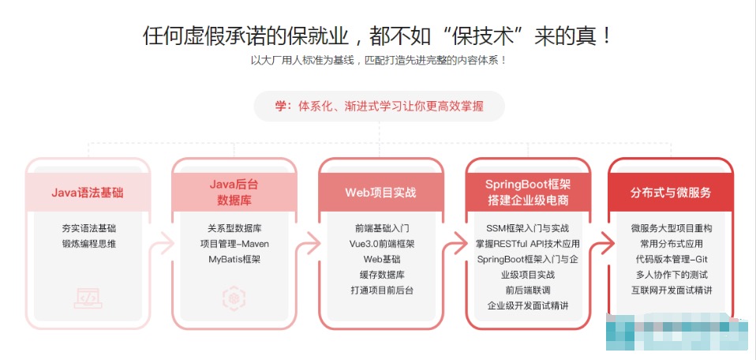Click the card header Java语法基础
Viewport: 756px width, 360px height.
pyautogui.click(x=88, y=193)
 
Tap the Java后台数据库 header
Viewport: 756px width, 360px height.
pyautogui.click(x=234, y=192)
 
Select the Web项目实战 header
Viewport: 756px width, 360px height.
pyautogui.click(x=380, y=193)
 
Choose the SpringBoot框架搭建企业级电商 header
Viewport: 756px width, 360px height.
pyautogui.click(x=528, y=192)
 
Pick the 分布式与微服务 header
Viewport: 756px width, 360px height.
pyautogui.click(x=671, y=193)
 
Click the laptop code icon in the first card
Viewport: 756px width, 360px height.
pyautogui.click(x=88, y=298)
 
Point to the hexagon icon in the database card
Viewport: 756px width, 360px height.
pyautogui.click(x=234, y=298)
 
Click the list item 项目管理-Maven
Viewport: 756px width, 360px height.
pyautogui.click(x=234, y=244)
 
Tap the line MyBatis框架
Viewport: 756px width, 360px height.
pyautogui.click(x=234, y=259)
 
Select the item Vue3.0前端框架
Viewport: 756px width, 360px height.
pyautogui.click(x=381, y=244)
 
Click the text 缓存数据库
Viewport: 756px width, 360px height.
pyautogui.click(x=381, y=275)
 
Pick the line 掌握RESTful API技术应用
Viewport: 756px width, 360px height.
pyautogui.click(x=527, y=244)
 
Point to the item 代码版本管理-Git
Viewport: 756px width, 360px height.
pyautogui.click(x=671, y=259)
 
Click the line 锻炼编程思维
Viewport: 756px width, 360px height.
pyautogui.click(x=88, y=244)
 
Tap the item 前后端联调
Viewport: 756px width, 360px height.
pyautogui.click(x=527, y=290)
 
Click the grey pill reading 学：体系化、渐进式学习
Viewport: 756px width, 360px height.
pyautogui.click(x=379, y=106)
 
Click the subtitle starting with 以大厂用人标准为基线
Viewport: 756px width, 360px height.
pyautogui.click(x=379, y=61)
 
